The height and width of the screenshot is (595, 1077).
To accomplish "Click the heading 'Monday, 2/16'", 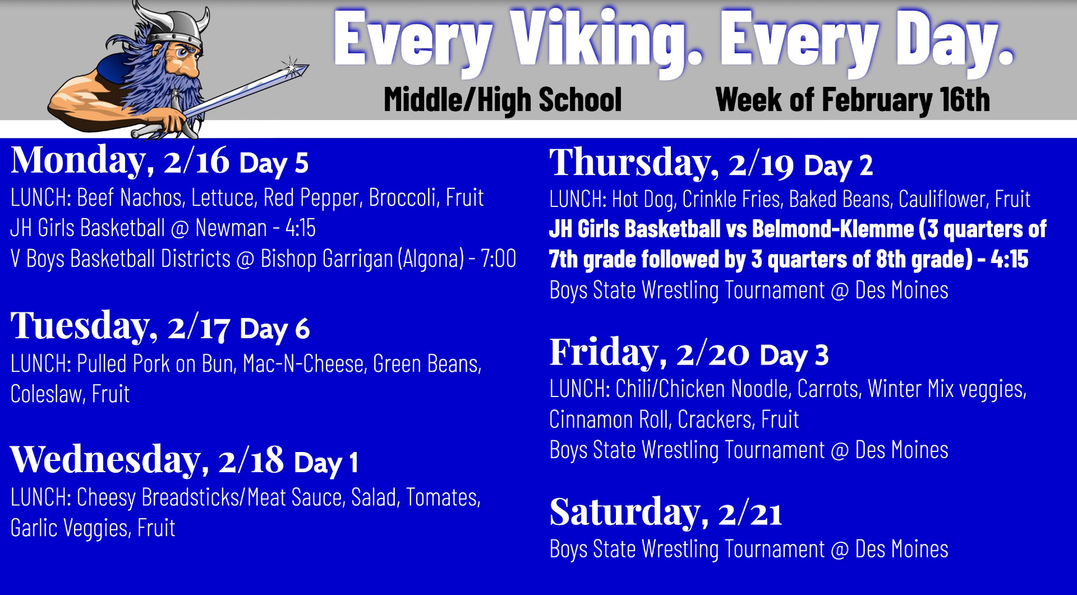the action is [120, 161].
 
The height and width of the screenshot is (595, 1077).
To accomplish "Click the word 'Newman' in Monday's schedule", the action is [231, 228].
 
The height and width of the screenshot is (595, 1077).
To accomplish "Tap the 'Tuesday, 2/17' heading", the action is [121, 326].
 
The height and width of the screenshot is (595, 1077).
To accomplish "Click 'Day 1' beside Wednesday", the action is [326, 463].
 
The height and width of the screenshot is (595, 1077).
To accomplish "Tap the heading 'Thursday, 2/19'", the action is [672, 164].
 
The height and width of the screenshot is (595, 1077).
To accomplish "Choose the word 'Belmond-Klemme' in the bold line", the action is [833, 229].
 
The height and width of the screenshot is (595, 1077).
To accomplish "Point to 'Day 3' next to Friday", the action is [794, 356].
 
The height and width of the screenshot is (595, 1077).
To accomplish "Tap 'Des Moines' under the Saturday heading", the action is [901, 550].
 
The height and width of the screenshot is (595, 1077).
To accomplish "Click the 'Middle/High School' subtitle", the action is [503, 100].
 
